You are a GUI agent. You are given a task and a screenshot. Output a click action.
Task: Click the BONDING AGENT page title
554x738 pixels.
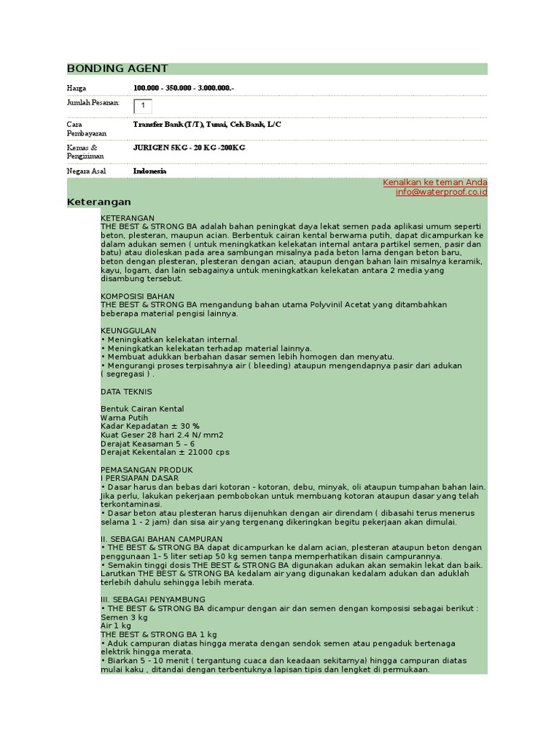point(118,68)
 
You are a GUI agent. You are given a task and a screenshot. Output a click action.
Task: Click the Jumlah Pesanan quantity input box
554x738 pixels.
point(143,106)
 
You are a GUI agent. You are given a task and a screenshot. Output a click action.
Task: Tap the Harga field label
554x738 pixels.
point(76,88)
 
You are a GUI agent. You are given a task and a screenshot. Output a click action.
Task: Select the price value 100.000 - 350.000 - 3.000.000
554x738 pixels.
point(184,88)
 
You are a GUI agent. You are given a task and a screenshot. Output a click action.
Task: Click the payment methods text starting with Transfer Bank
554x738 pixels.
point(207,124)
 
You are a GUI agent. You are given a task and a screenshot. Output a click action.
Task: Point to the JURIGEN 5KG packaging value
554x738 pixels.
point(189,147)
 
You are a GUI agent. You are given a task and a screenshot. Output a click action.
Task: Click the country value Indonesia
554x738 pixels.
point(149,171)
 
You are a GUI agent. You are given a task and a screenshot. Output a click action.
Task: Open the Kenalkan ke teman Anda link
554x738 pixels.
point(435,182)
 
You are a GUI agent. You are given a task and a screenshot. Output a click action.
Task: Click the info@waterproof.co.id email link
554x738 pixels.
point(441,192)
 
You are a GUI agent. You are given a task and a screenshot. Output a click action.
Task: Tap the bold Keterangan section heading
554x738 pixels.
point(99,202)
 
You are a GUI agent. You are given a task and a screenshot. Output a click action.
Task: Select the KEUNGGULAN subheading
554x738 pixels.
point(129,331)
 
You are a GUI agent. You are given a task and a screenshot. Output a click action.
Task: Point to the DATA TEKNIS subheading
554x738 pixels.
point(126,391)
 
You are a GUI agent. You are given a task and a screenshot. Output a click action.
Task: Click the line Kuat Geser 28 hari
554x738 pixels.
point(162,435)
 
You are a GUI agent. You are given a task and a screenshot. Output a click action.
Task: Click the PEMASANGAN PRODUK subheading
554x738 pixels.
point(146,469)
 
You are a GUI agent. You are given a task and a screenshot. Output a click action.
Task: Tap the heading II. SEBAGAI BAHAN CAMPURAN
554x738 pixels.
point(162,538)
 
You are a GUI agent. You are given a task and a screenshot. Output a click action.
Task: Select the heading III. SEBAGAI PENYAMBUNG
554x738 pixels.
point(153,599)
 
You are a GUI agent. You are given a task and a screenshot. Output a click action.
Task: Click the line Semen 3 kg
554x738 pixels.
point(124,617)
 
